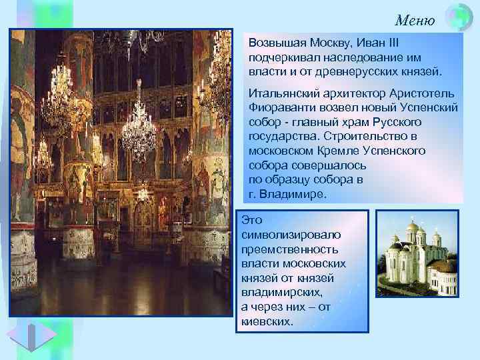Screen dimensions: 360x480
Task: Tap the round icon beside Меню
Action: click(458, 18)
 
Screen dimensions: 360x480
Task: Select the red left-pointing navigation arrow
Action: click(18, 337)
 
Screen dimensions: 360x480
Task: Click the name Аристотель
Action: click(425, 91)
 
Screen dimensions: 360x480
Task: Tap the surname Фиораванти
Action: click(279, 105)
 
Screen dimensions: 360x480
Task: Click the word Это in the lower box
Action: click(252, 219)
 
